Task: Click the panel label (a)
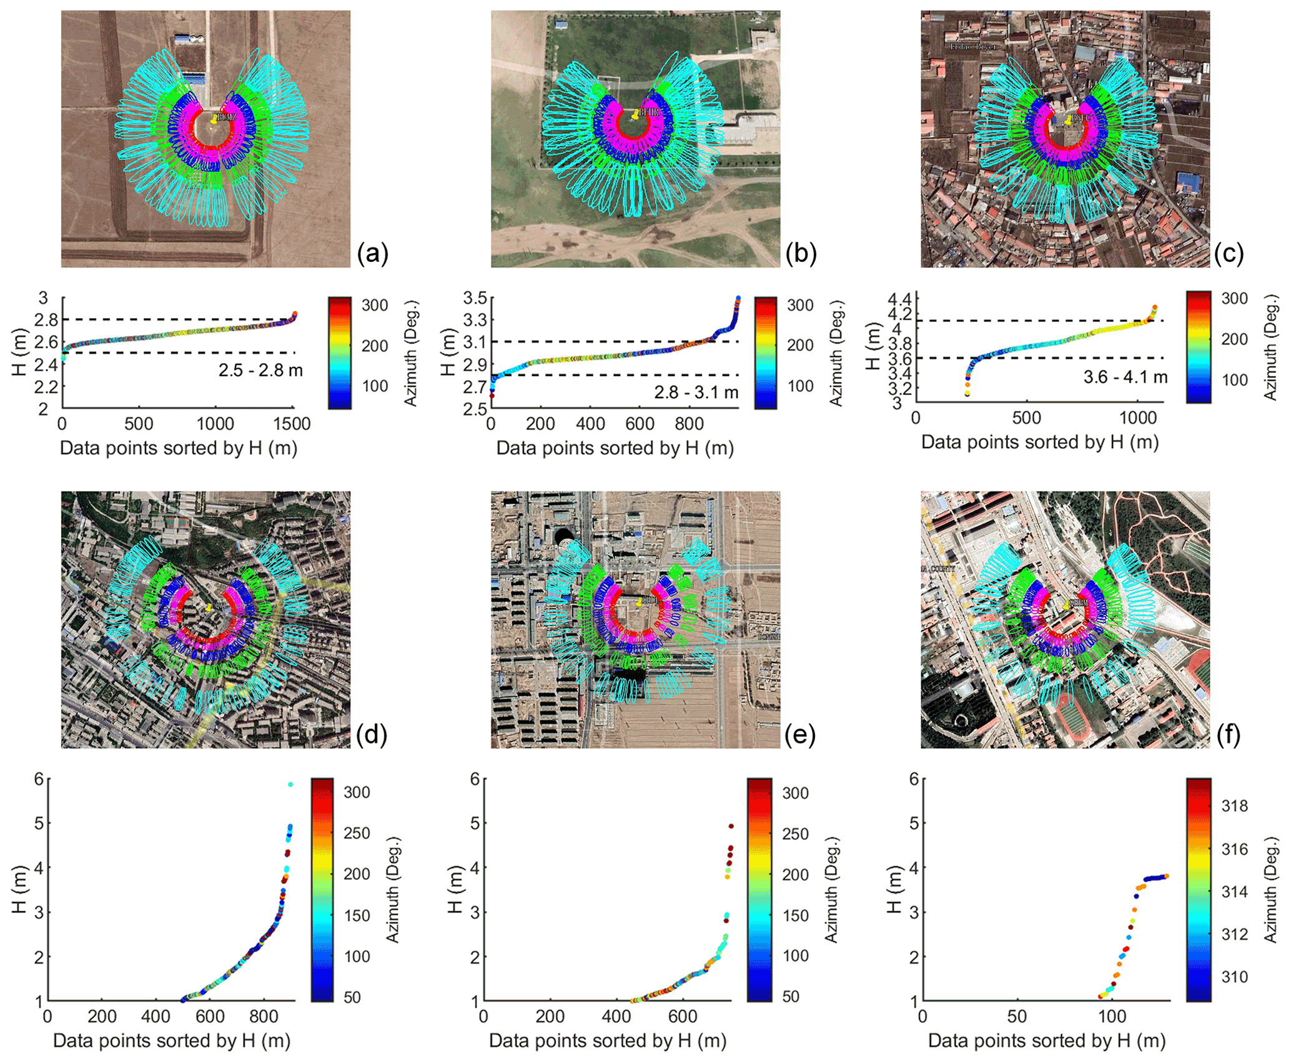(373, 254)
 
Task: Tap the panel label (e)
(800, 735)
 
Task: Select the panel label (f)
(1229, 735)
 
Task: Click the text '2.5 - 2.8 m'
(260, 371)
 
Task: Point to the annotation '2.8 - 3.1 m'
(696, 392)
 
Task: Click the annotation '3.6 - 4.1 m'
(1125, 377)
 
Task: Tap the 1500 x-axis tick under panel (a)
(292, 424)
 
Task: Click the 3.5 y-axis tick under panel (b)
(475, 298)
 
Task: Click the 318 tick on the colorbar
(1234, 806)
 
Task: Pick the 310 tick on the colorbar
(1234, 977)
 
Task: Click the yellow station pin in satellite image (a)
(214, 119)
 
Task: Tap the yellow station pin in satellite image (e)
(639, 602)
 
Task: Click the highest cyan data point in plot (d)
(290, 784)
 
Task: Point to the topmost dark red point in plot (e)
(731, 826)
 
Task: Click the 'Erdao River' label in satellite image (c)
(973, 47)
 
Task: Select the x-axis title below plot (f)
(1047, 1041)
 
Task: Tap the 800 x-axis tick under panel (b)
(689, 424)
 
